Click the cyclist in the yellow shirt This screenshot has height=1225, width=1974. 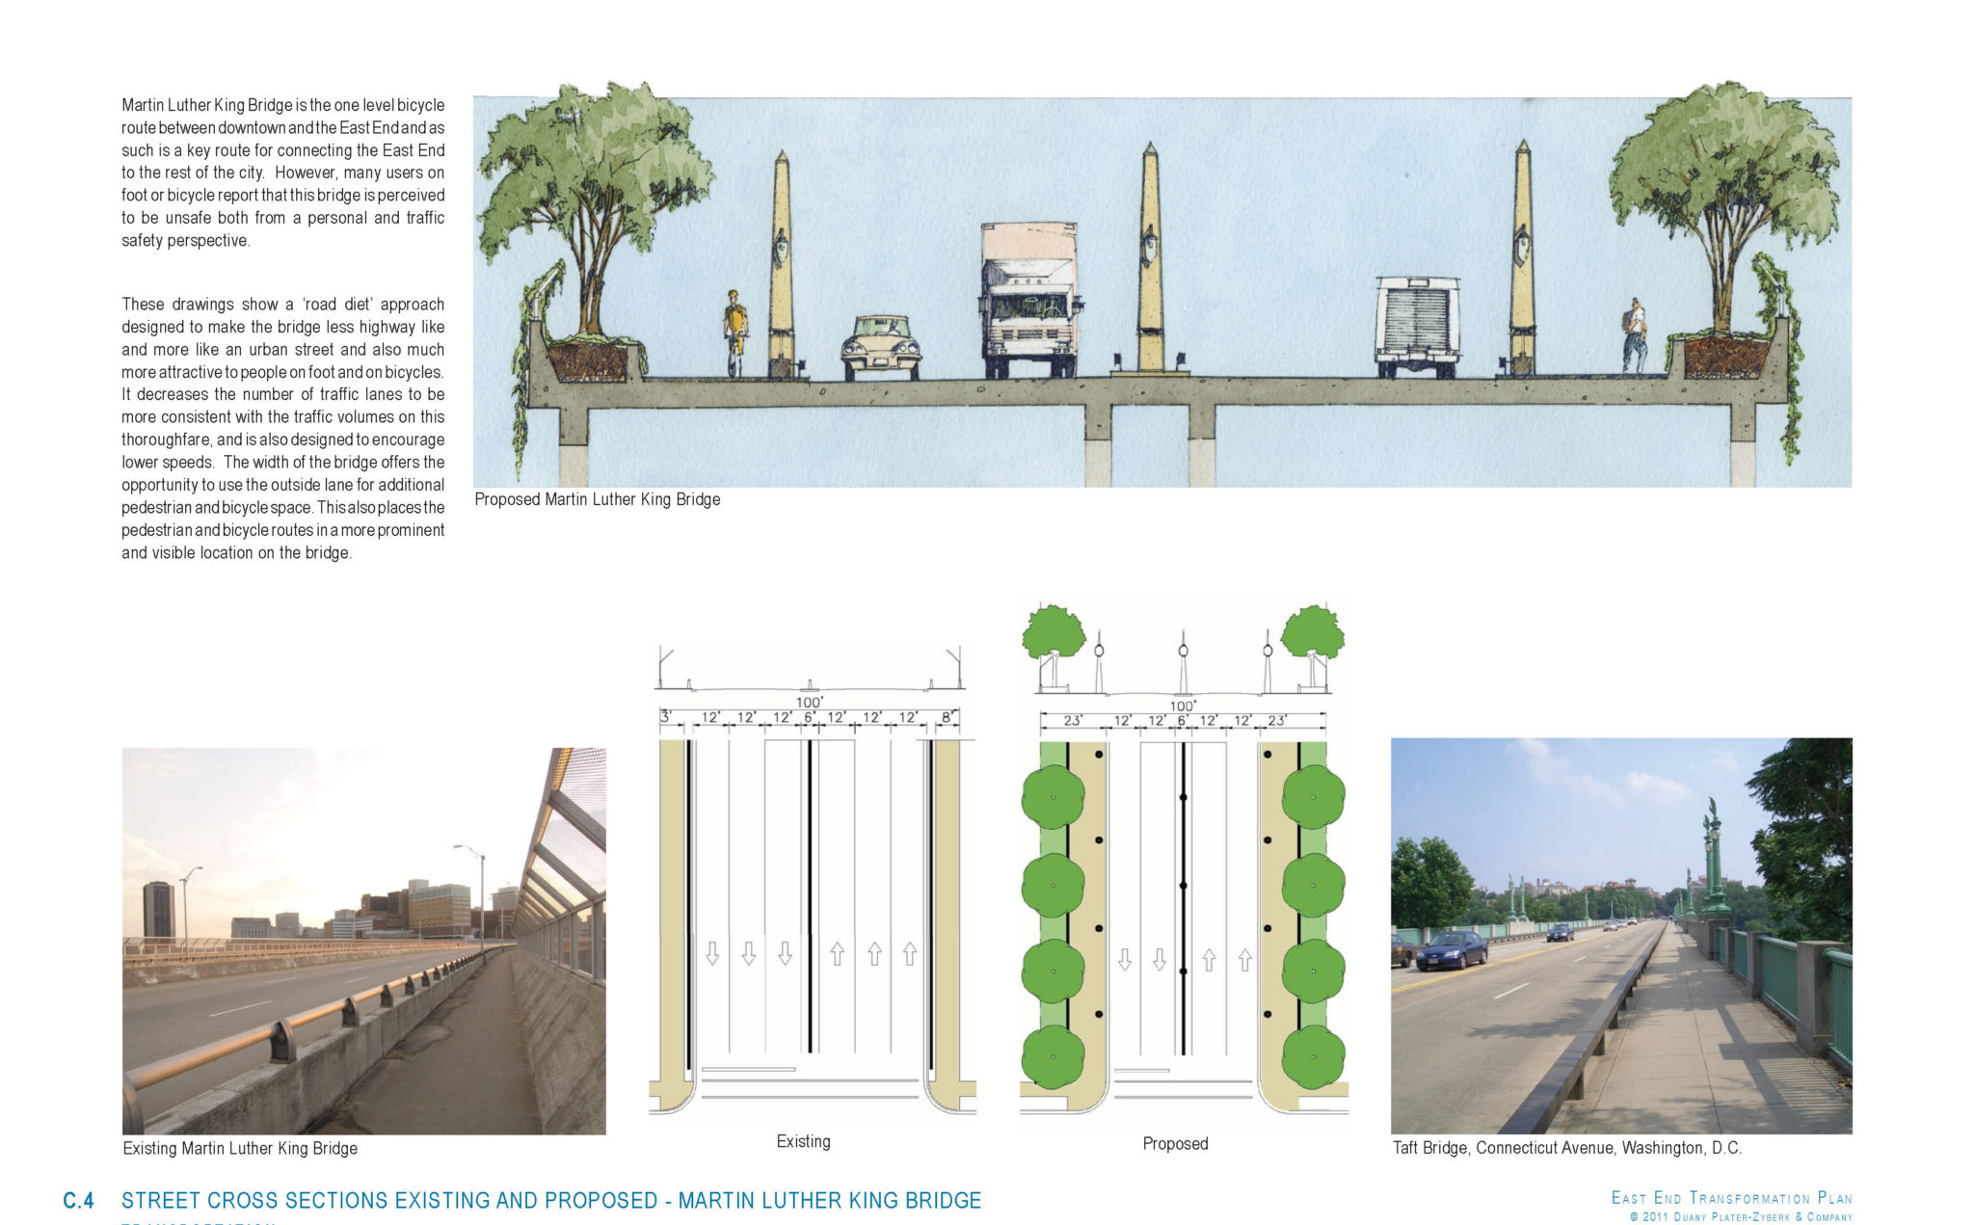[x=735, y=331]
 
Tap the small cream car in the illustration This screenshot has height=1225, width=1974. [x=880, y=348]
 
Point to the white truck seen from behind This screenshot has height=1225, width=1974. [x=1417, y=326]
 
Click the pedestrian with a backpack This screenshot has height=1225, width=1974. [x=1634, y=335]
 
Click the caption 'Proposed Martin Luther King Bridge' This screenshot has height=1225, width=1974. [x=598, y=499]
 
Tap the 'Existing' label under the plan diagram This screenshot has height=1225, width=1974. [x=803, y=1141]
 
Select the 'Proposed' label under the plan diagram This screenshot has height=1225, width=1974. [x=1175, y=1143]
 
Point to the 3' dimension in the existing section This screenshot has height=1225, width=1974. [x=665, y=717]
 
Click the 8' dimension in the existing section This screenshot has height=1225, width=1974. [x=947, y=717]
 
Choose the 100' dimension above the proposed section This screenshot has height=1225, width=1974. [x=1183, y=706]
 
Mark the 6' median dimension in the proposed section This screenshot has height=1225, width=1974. [x=1182, y=721]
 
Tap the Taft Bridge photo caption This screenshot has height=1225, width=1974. [x=1566, y=1148]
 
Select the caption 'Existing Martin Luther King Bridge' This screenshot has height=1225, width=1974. [x=240, y=1148]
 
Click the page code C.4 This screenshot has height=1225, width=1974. [x=79, y=1201]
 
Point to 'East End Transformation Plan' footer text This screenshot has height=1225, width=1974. [x=1731, y=1198]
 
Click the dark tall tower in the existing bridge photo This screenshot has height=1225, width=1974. [x=158, y=909]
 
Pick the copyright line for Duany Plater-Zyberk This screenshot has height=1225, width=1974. [x=1741, y=1217]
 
